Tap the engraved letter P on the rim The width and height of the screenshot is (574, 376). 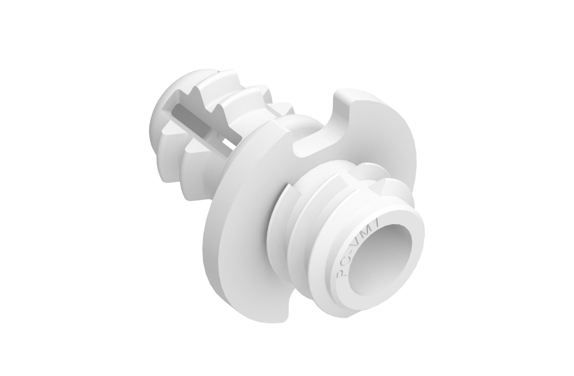point(342,275)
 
